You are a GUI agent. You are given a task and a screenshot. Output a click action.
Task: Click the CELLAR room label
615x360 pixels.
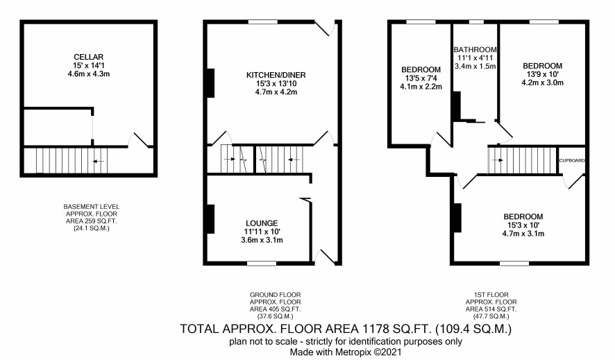(89, 57)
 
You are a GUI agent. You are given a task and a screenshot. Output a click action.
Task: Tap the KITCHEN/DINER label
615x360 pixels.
(276, 75)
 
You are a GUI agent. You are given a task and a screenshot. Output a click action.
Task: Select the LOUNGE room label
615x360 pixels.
(262, 223)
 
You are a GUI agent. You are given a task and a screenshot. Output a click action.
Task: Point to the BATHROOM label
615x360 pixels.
(475, 50)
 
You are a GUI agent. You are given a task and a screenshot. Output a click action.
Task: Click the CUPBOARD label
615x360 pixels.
(572, 161)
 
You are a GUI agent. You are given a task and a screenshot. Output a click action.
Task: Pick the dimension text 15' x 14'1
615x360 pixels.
(89, 65)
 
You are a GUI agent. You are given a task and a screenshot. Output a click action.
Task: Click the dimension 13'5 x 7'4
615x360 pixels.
(421, 78)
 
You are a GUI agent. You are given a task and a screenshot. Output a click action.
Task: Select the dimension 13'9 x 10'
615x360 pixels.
(542, 74)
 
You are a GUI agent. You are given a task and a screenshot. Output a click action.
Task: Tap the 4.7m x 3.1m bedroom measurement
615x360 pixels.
(523, 234)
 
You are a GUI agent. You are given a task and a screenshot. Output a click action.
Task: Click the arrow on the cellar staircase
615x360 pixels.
(98, 161)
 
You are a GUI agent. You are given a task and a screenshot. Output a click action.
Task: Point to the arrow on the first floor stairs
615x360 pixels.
(497, 160)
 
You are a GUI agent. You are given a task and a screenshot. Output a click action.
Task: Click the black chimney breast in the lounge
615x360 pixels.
(210, 219)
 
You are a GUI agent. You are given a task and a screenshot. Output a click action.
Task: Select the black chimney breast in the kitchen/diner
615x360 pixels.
(210, 83)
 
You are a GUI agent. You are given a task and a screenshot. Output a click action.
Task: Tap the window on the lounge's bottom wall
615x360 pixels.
(262, 264)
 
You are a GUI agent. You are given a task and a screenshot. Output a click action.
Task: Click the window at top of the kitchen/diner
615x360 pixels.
(263, 22)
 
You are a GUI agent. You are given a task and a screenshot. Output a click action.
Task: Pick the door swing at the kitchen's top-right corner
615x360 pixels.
(326, 28)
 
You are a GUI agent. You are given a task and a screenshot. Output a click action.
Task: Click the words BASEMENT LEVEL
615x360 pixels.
(92, 207)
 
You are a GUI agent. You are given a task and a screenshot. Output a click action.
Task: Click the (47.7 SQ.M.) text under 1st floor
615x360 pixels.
(491, 316)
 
